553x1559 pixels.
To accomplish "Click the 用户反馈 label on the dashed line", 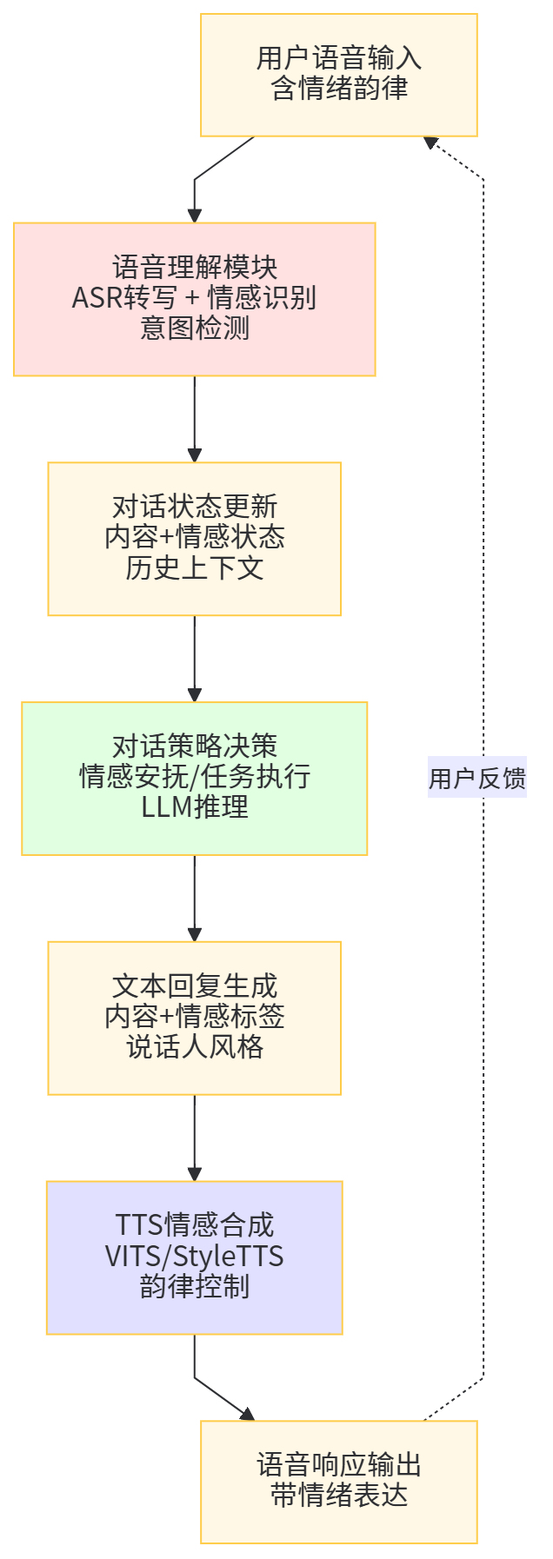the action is (477, 778).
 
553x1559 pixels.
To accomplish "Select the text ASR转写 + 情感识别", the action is (194, 298).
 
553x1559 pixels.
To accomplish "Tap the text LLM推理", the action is (194, 807).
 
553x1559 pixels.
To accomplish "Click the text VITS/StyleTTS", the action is (194, 1257).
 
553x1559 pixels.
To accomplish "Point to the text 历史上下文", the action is (194, 568).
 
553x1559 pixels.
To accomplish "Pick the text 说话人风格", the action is (194, 1047).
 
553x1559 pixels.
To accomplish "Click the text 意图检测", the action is (194, 328).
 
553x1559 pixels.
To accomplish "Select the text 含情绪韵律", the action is (339, 90).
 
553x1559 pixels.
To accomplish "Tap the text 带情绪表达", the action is (339, 1496).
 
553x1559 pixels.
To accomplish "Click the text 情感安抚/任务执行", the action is (194, 777).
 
